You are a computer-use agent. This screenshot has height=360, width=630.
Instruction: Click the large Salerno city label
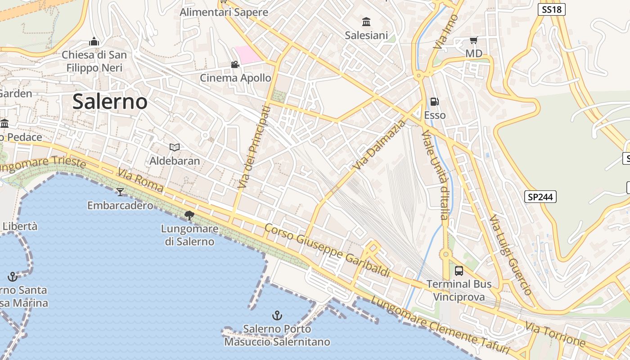[110, 102]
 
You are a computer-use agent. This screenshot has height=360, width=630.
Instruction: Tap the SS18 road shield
[551, 9]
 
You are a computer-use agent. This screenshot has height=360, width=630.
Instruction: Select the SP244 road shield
[540, 197]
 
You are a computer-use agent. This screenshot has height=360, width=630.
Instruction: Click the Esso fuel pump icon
[435, 102]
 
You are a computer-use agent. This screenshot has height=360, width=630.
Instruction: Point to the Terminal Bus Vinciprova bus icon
[459, 271]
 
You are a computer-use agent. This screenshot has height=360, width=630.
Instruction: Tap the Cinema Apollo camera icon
[235, 65]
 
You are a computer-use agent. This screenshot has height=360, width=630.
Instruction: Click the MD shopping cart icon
[473, 40]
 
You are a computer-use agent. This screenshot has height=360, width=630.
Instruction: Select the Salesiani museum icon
[366, 22]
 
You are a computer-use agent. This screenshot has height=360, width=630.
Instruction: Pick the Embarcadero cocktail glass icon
[120, 192]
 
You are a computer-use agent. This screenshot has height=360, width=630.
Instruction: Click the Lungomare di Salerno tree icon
[189, 215]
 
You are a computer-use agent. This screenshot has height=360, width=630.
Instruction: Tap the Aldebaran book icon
[175, 147]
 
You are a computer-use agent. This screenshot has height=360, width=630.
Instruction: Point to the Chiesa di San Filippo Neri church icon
[94, 41]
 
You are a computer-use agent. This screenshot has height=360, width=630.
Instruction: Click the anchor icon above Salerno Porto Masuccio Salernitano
[277, 315]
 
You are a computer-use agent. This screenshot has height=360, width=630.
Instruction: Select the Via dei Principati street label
[255, 147]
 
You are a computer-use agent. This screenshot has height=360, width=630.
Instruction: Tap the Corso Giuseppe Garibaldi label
[327, 250]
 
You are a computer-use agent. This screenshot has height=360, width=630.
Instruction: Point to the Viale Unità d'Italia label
[435, 175]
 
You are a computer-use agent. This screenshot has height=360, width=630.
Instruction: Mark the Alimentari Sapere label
[224, 12]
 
